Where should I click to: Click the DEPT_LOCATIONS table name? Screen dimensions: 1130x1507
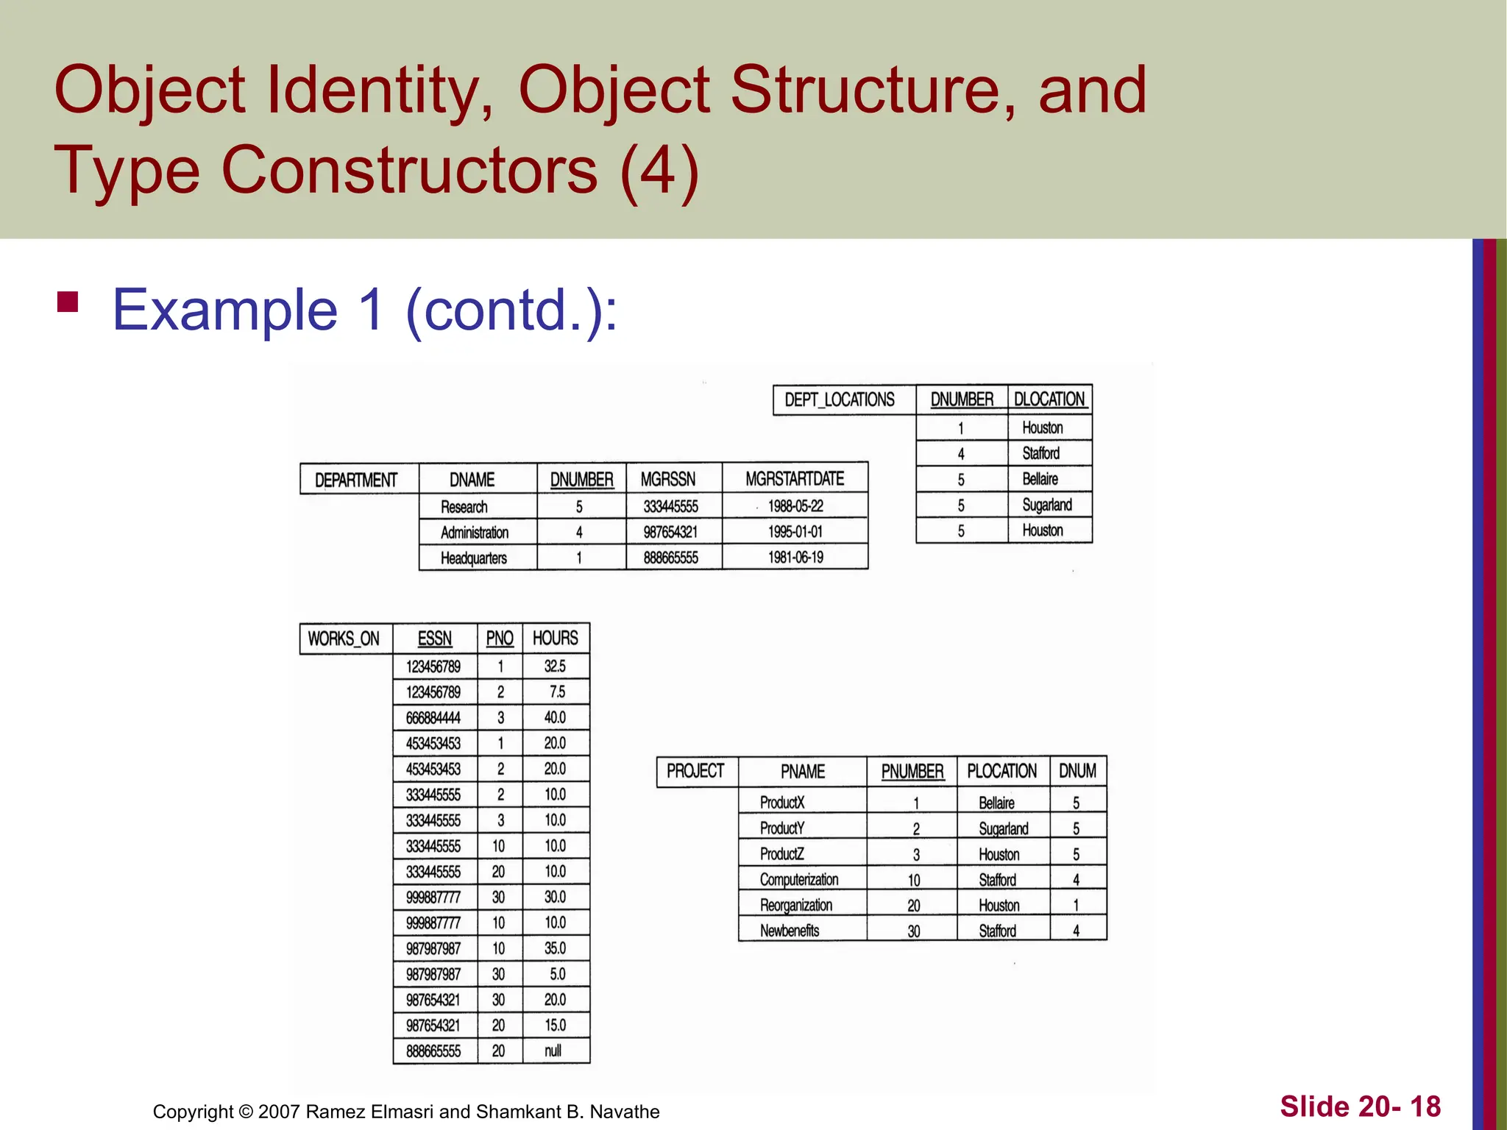pyautogui.click(x=840, y=399)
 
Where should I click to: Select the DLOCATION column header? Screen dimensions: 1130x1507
pyautogui.click(x=1049, y=399)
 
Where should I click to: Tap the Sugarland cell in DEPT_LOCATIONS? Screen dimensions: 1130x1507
pyautogui.click(x=1046, y=505)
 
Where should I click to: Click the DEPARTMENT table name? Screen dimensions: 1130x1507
pyautogui.click(x=356, y=480)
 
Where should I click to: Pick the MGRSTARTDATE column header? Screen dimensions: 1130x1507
pyautogui.click(x=795, y=479)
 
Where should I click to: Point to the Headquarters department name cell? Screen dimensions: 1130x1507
pyautogui.click(x=474, y=558)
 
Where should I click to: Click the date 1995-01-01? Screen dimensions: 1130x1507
pyautogui.click(x=795, y=531)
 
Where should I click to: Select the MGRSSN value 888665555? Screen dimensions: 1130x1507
pyautogui.click(x=671, y=558)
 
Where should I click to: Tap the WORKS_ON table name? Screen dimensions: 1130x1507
pyautogui.click(x=344, y=639)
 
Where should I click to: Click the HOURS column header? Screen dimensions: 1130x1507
pyautogui.click(x=556, y=638)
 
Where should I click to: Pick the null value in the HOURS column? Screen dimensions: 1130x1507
pyautogui.click(x=553, y=1051)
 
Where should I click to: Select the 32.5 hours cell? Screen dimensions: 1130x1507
pyautogui.click(x=555, y=666)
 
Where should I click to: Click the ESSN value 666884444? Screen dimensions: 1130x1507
pyautogui.click(x=433, y=717)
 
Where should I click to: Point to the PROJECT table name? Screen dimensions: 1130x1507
pyautogui.click(x=695, y=771)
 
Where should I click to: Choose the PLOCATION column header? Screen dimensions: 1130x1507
pyautogui.click(x=1001, y=771)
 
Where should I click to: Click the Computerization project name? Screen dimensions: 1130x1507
pyautogui.click(x=799, y=879)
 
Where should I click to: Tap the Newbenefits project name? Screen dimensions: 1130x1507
pyautogui.click(x=790, y=931)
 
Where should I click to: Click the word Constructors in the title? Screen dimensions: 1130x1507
pyautogui.click(x=409, y=169)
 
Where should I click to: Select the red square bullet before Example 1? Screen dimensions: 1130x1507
pyautogui.click(x=68, y=302)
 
